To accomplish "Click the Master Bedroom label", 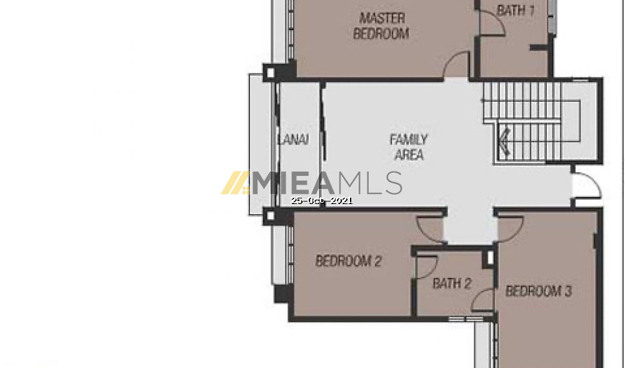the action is [x=381, y=26].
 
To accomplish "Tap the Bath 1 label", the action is [x=516, y=11].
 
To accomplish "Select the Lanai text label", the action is [x=293, y=140].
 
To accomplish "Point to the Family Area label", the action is [x=409, y=147].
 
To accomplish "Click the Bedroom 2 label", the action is [x=348, y=261].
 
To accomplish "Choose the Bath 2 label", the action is [x=452, y=284].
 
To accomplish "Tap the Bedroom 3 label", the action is [x=539, y=291].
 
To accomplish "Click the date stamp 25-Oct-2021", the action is [x=322, y=200].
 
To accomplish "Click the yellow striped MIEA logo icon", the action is [x=236, y=183].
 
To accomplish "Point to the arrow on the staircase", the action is [x=505, y=141].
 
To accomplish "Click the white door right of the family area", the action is [x=586, y=185].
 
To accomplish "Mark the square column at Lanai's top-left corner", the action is [x=271, y=73].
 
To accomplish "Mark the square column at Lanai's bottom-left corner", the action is [x=271, y=216].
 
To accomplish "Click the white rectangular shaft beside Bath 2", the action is [x=490, y=258].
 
